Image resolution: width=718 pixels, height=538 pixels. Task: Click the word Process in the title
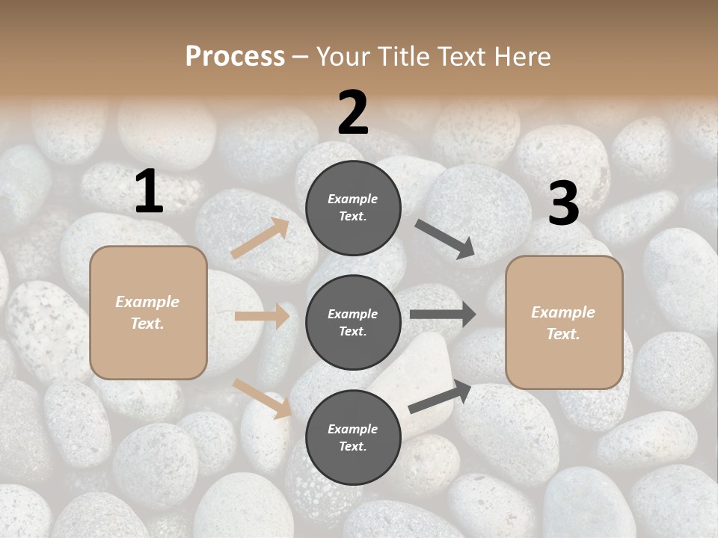235,56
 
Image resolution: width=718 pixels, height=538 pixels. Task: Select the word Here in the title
523,56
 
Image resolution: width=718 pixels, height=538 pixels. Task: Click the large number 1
149,192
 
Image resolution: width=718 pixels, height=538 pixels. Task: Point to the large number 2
353,113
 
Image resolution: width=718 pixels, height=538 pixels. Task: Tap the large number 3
563,204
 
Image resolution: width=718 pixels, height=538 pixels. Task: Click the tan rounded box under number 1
148,312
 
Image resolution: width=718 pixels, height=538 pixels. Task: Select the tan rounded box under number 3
564,322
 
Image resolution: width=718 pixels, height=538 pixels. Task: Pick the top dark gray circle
353,208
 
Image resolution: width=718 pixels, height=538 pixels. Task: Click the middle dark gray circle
353,322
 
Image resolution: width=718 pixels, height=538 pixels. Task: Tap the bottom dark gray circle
353,437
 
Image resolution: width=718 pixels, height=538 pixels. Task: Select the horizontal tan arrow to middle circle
262,316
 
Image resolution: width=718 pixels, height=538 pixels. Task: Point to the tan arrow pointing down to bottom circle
262,398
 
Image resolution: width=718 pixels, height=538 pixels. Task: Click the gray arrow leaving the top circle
444,238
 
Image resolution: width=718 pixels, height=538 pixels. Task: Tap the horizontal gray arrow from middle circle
443,315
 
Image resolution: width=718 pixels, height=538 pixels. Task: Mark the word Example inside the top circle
353,199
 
